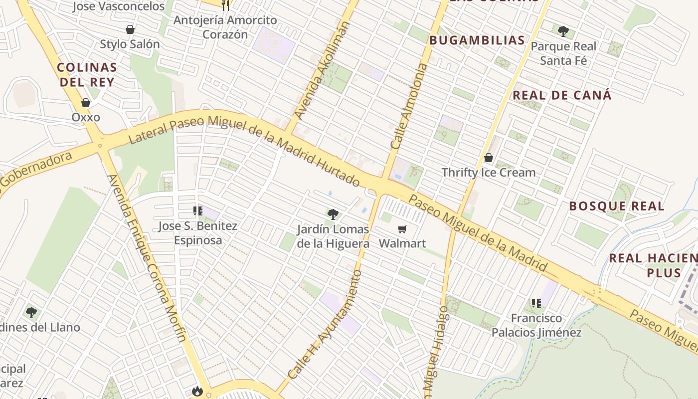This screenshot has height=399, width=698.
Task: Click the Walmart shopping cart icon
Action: point(402,229)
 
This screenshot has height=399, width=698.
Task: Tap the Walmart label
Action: point(402,243)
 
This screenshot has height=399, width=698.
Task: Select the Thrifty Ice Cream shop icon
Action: point(489,158)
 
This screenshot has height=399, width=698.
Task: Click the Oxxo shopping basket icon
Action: point(86,103)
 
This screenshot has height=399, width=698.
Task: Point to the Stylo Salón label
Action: point(130,44)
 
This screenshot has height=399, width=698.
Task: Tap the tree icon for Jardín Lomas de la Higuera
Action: point(333,214)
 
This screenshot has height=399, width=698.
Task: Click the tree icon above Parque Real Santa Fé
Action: point(563,31)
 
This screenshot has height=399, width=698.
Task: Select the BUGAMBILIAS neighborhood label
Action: point(477,40)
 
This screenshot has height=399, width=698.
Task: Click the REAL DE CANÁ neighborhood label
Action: point(562,95)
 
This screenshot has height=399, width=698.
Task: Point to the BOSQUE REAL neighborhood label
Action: point(616,206)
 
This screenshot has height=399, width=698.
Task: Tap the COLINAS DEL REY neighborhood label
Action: point(87,75)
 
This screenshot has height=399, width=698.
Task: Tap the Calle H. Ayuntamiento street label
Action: point(325,324)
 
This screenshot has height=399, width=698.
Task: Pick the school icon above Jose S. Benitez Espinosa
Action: point(198,211)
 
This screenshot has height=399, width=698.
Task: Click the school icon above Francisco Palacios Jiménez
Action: point(536,303)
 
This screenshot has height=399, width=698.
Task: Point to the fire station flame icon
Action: point(197,391)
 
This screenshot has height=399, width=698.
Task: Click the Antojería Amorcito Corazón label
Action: point(225,27)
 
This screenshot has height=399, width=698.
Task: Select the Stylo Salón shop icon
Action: point(130,29)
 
